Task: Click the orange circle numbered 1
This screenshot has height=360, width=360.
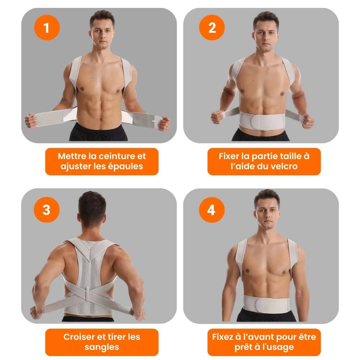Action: pyautogui.click(x=47, y=28)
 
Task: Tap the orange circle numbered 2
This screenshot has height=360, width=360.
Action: pyautogui.click(x=212, y=28)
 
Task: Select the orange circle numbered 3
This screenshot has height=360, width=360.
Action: pyautogui.click(x=46, y=210)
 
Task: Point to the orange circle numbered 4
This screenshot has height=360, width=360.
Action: pyautogui.click(x=212, y=210)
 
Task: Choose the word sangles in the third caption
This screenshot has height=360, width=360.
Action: pyautogui.click(x=102, y=347)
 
